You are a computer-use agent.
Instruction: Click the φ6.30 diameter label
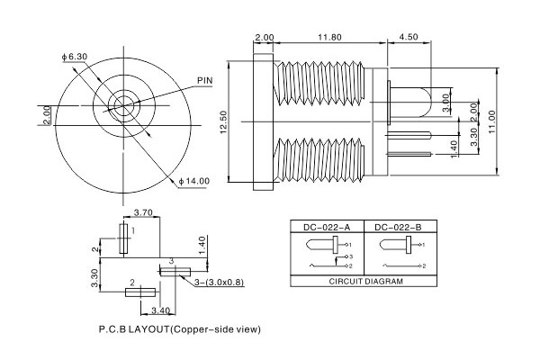tap(76, 58)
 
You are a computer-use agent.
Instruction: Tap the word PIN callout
tap(206, 81)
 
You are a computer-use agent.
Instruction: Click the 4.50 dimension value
tap(408, 37)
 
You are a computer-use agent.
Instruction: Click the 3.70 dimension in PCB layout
tap(143, 213)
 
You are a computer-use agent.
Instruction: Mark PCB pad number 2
tap(141, 291)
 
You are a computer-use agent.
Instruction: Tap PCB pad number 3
tap(176, 270)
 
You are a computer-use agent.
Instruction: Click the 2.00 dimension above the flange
tap(265, 37)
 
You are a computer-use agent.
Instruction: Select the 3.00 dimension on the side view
tap(447, 98)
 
